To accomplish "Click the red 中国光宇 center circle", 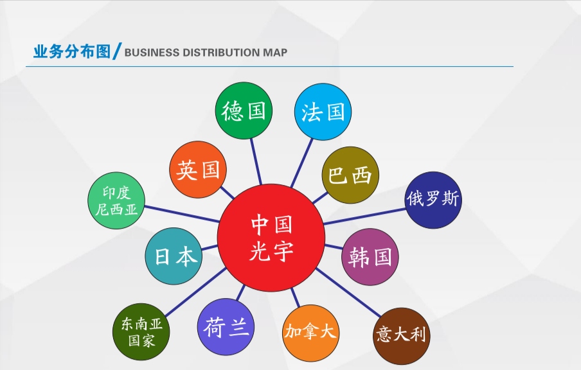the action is tap(271, 238).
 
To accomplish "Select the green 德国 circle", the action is tap(244, 110).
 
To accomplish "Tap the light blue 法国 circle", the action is tap(323, 112).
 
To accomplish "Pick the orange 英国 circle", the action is tap(198, 170).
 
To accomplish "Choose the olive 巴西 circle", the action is tap(350, 175).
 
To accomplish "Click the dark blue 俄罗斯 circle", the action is tap(433, 200).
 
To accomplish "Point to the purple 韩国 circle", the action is tap(370, 257).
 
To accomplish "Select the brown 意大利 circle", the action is tap(401, 336).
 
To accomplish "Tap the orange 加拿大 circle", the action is tap(310, 333).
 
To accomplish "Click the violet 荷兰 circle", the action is tap(226, 327).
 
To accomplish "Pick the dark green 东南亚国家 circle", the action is tap(141, 332).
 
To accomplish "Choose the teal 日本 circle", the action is tap(174, 256).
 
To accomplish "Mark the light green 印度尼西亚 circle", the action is tap(116, 200).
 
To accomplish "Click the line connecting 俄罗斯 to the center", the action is tap(365, 216).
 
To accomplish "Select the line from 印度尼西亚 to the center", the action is tap(181, 214).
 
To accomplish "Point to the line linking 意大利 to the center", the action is tap(348, 293).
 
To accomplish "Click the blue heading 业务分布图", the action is tap(72, 51).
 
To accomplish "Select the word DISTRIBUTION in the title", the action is tap(222, 53).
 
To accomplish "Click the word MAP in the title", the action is tap(275, 53).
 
